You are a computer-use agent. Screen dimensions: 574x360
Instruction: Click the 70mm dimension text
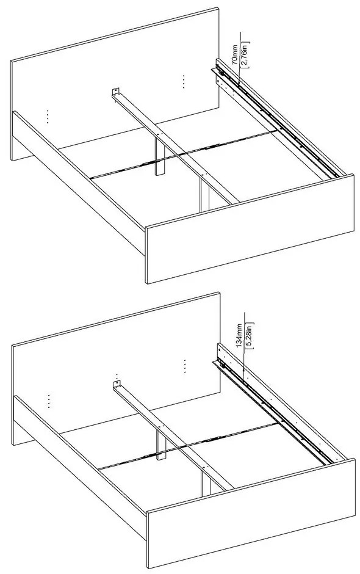point(234,53)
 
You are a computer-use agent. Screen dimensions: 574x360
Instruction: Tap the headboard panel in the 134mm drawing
point(116,354)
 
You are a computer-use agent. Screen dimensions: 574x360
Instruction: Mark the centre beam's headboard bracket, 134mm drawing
point(116,387)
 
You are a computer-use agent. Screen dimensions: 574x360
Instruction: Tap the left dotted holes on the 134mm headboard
point(48,401)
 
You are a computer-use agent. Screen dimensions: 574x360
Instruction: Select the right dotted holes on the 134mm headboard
point(184,365)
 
